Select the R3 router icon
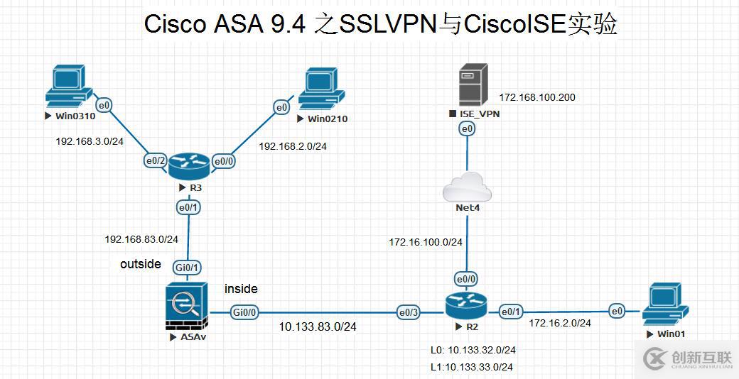pos(189,166)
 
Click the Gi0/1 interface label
pos(187,268)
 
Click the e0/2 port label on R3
pos(156,160)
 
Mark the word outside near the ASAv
pos(141,264)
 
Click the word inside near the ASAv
pos(241,289)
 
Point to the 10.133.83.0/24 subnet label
pos(317,326)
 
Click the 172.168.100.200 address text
pos(536,97)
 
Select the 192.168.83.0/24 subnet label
pos(141,239)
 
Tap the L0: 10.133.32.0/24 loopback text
pos(473,350)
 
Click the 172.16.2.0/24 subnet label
pos(559,323)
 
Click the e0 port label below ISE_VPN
pos(467,128)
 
